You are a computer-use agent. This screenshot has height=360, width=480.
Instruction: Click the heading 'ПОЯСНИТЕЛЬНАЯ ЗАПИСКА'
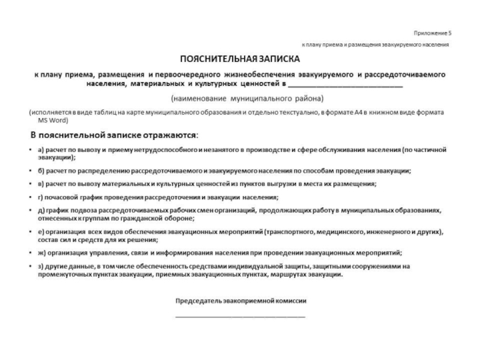tap(239, 60)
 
